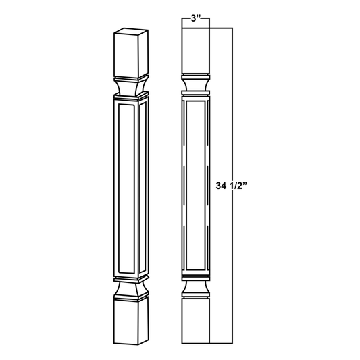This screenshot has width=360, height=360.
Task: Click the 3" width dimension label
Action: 195,20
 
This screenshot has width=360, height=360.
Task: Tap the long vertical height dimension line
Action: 232,122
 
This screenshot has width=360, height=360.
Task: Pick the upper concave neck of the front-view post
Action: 195,82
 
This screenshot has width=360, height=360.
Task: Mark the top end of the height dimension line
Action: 232,28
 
